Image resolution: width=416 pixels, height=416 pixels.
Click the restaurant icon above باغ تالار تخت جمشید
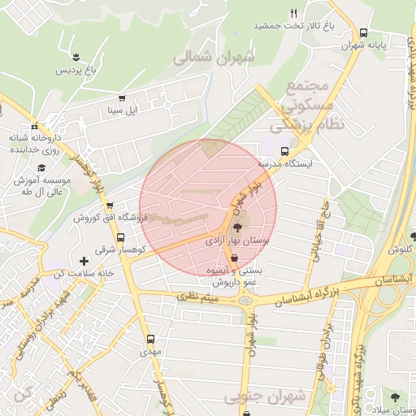pos(293,13)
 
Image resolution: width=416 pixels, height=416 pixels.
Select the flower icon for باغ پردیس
pos(76,57)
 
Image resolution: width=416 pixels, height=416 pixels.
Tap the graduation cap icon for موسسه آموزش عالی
pos(41,167)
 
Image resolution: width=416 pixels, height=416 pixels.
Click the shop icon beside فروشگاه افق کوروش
pos(110,206)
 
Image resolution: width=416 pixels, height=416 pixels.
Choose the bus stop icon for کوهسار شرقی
pos(121,238)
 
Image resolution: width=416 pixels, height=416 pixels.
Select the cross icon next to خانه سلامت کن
pos(84,262)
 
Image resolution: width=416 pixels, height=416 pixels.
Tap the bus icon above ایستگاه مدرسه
pos(284,151)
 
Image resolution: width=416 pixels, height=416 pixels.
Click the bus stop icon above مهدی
pos(150,339)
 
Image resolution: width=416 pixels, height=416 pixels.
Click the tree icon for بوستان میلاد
pos(394,397)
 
